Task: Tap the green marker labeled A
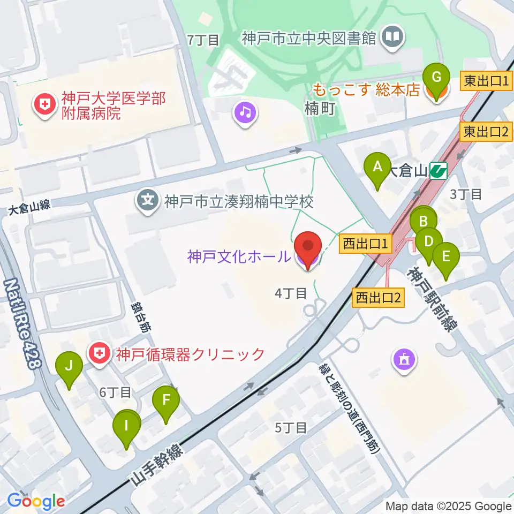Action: tap(377, 168)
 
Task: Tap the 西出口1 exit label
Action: tap(366, 245)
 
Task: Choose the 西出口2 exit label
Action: tap(378, 297)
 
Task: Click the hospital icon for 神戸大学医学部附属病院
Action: tap(44, 103)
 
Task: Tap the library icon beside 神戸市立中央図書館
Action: tap(394, 37)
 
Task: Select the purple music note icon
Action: tap(246, 112)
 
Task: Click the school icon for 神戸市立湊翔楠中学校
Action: tap(147, 201)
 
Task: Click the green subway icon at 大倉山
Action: tap(439, 171)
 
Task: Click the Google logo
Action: tap(36, 502)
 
